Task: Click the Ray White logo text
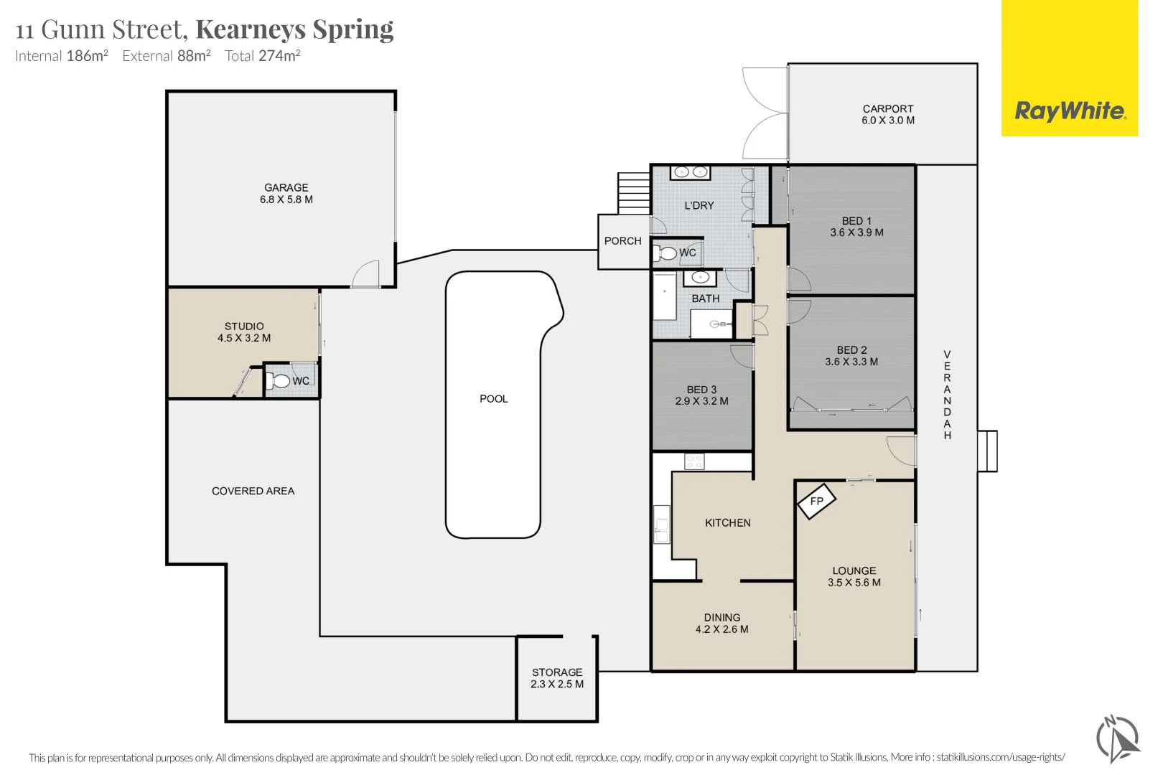pyautogui.click(x=1070, y=111)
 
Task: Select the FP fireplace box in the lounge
pyautogui.click(x=817, y=501)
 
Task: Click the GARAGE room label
pyautogui.click(x=286, y=193)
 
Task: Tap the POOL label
pyautogui.click(x=493, y=399)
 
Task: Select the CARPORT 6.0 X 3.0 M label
pyautogui.click(x=888, y=115)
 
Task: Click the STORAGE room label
pyautogui.click(x=557, y=678)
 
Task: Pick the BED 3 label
pyautogui.click(x=701, y=395)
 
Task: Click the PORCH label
pyautogui.click(x=622, y=241)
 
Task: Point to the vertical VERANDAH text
pyautogui.click(x=947, y=395)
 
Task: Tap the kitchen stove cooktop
pyautogui.click(x=694, y=461)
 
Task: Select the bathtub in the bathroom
pyautogui.click(x=665, y=296)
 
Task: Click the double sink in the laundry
pyautogui.click(x=691, y=172)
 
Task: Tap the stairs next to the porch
pyautogui.click(x=634, y=192)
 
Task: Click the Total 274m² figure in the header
pyautogui.click(x=262, y=56)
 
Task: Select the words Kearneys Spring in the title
pyautogui.click(x=294, y=29)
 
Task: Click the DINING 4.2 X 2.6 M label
pyautogui.click(x=721, y=623)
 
